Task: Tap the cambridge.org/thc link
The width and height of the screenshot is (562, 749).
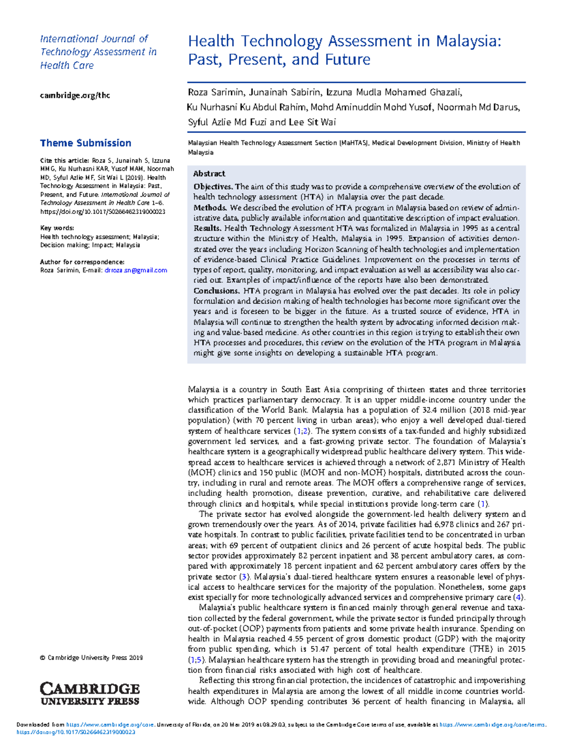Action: pyautogui.click(x=75, y=95)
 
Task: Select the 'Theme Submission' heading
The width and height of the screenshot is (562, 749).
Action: pyautogui.click(x=85, y=143)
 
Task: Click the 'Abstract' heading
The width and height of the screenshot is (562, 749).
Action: pyautogui.click(x=209, y=174)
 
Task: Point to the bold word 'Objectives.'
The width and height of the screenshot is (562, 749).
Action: pyautogui.click(x=213, y=187)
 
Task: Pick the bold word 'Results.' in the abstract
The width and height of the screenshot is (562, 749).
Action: pyautogui.click(x=207, y=228)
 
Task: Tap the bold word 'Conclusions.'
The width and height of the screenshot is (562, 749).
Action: pyautogui.click(x=217, y=291)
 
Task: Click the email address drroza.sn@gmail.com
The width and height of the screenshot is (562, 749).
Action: pyautogui.click(x=136, y=271)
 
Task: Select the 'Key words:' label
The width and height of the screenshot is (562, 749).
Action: pyautogui.click(x=57, y=228)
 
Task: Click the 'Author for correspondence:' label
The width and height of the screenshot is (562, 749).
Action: pyautogui.click(x=82, y=262)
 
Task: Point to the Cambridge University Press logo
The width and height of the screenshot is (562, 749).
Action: pyautogui.click(x=90, y=694)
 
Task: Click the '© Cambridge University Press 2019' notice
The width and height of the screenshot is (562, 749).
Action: pyautogui.click(x=91, y=658)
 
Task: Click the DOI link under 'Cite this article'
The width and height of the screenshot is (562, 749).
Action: pyautogui.click(x=103, y=212)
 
